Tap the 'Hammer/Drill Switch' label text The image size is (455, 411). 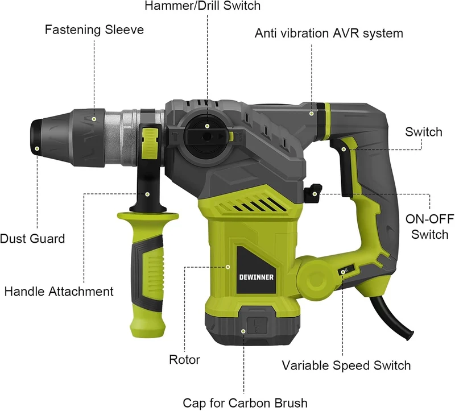202,6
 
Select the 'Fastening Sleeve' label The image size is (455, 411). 94,30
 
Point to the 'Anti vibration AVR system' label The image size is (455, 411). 329,34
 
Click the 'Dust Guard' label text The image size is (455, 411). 32,239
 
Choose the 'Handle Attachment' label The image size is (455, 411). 59,292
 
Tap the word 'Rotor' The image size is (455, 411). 184,360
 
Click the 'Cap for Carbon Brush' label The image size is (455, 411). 245,403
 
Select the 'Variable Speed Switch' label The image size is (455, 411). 346,366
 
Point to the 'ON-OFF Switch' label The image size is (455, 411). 430,227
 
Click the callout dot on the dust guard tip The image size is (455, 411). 37,148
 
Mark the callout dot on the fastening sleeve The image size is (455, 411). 94,119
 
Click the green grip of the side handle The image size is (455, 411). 148,276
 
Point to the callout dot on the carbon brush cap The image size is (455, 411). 243,331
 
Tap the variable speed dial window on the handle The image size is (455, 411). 346,271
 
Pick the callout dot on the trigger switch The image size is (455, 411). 344,150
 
